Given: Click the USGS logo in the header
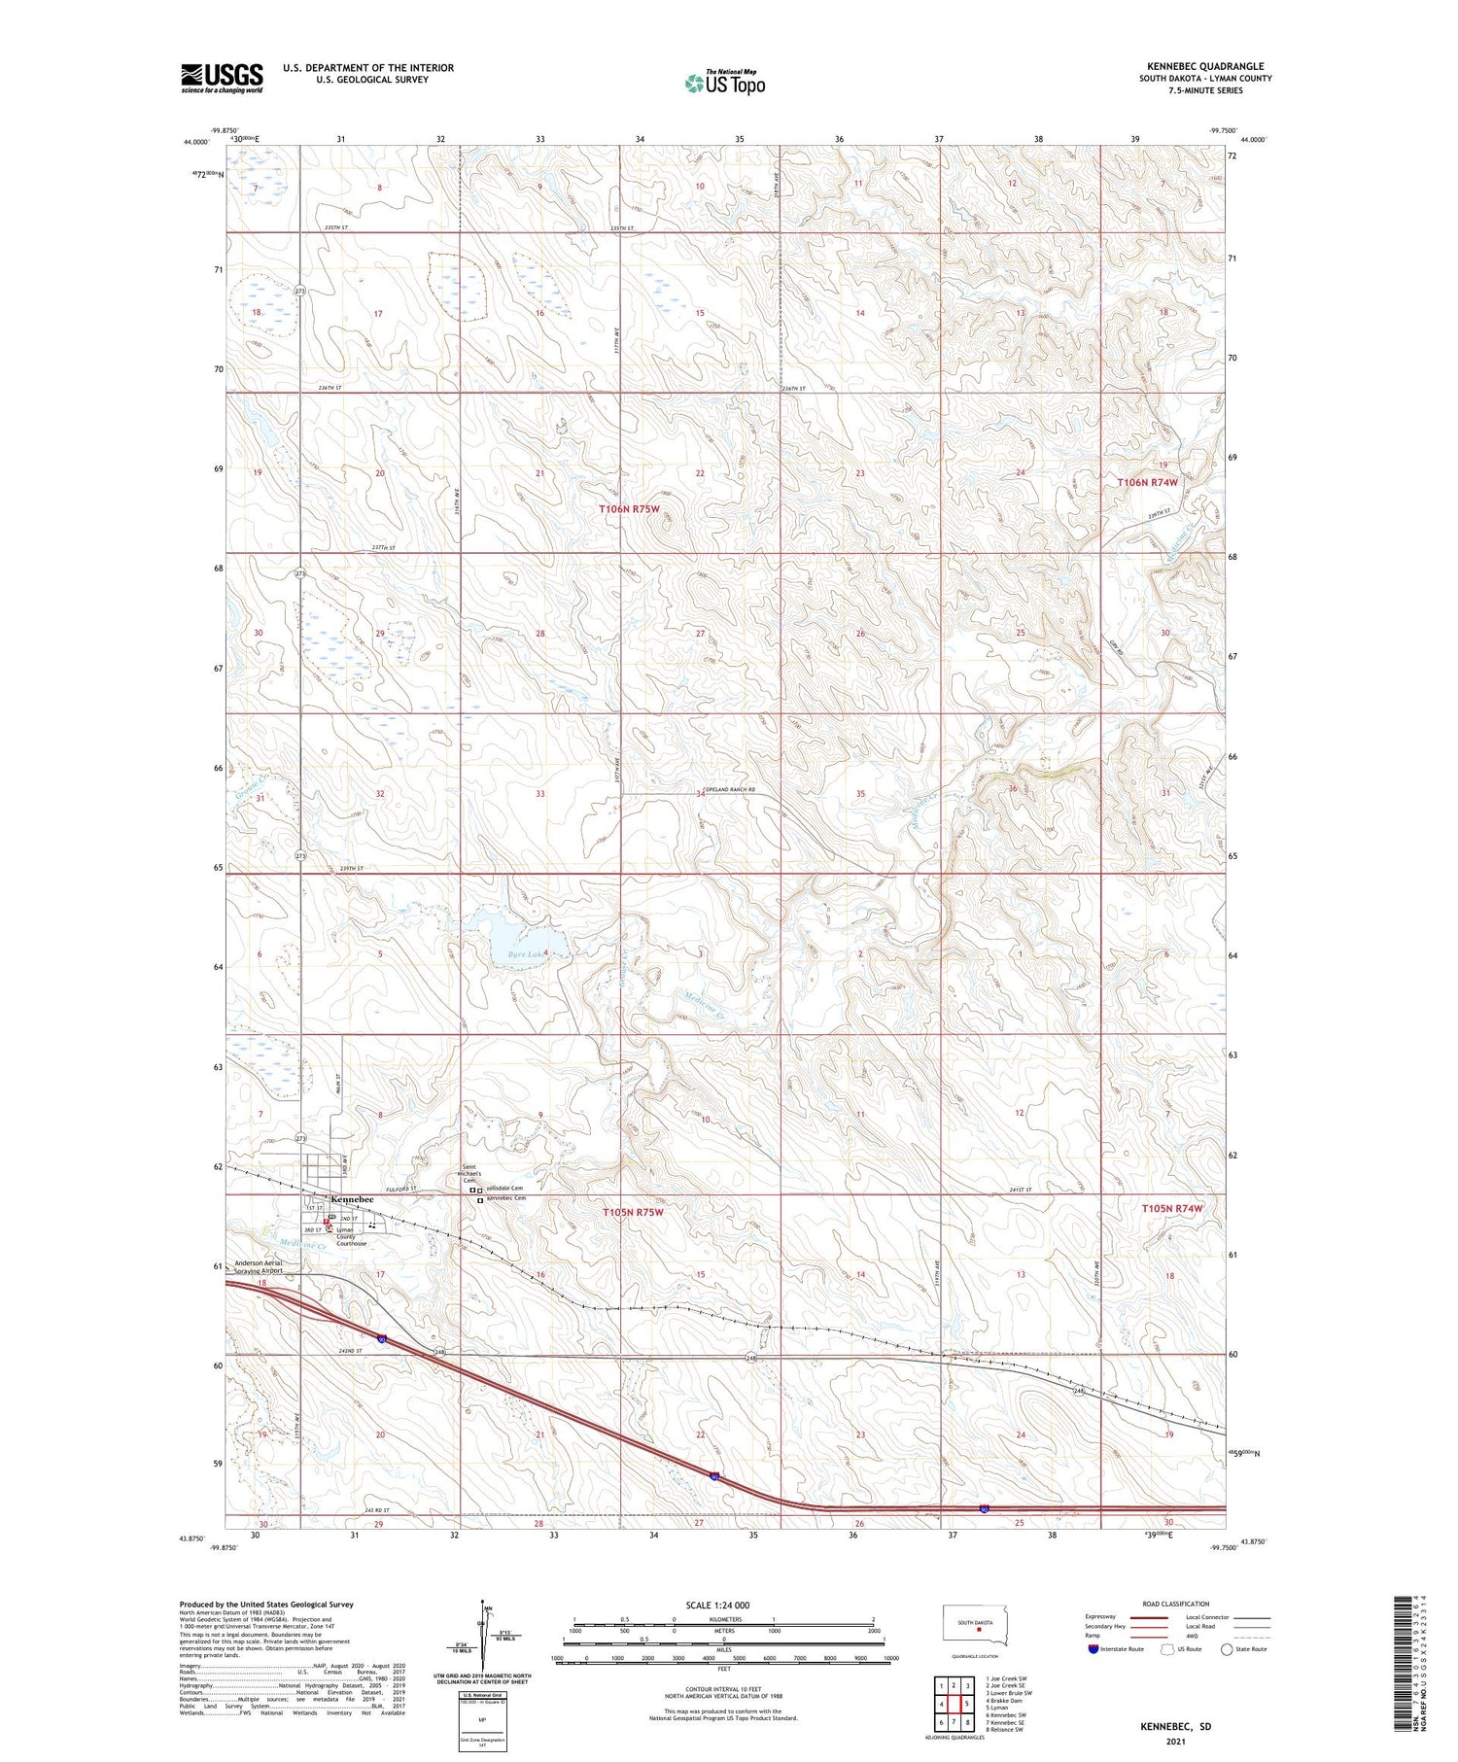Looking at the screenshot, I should tap(222, 77).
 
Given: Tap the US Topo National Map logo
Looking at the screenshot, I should tap(724, 84).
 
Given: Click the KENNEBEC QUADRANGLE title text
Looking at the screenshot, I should tap(1205, 66).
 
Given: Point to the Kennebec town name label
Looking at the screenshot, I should tap(352, 1200).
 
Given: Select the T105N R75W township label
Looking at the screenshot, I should tap(633, 1212).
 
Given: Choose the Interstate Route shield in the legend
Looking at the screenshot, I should tap(1094, 1649).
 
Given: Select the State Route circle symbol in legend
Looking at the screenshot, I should tap(1227, 1649).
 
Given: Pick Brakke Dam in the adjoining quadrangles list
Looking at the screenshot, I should tap(1006, 1701).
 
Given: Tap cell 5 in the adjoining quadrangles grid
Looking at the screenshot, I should tap(967, 1704).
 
